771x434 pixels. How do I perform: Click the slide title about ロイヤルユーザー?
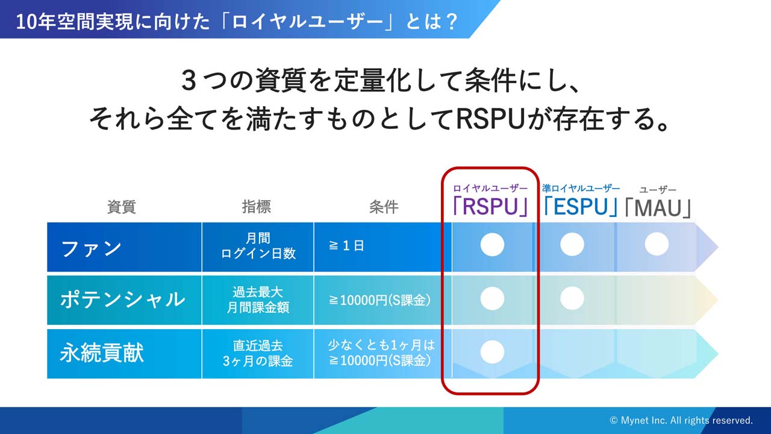point(237,21)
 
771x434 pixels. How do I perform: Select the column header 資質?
point(122,207)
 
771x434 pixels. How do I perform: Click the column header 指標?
point(257,207)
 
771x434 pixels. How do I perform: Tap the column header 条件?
point(384,207)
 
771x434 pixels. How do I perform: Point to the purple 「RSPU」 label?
point(490,206)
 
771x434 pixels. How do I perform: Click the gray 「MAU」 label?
point(658,208)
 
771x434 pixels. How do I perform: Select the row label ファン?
point(91,248)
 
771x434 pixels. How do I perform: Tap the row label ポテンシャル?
point(122,300)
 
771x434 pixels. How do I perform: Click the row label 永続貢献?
point(102,353)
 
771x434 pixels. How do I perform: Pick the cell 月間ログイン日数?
point(258,246)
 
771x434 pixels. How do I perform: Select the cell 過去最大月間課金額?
point(258,300)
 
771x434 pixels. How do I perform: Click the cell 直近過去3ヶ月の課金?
point(258,353)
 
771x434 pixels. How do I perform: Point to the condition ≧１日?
point(346,246)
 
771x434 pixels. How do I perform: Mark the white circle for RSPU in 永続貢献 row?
point(492,352)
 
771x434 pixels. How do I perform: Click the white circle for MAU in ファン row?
point(657,244)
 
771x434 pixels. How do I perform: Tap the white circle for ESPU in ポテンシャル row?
point(572,298)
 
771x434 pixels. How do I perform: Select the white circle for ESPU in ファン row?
point(572,245)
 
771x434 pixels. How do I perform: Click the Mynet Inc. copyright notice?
point(681,420)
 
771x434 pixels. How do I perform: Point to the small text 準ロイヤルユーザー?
point(581,188)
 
